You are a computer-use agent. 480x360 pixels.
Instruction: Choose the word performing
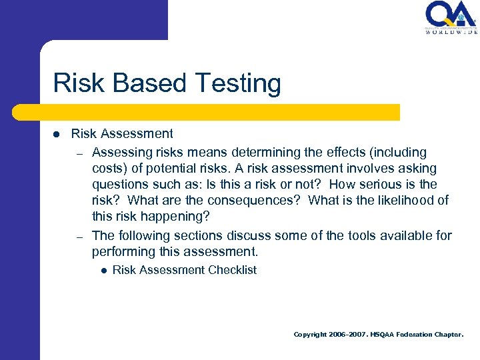[121, 252]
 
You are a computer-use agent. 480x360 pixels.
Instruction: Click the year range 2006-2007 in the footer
[348, 335]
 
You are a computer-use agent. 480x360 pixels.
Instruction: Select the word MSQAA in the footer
[383, 335]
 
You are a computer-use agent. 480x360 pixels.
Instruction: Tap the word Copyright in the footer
[310, 335]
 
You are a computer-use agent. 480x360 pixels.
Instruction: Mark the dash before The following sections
[78, 237]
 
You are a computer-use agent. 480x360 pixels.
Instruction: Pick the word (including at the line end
[395, 153]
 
